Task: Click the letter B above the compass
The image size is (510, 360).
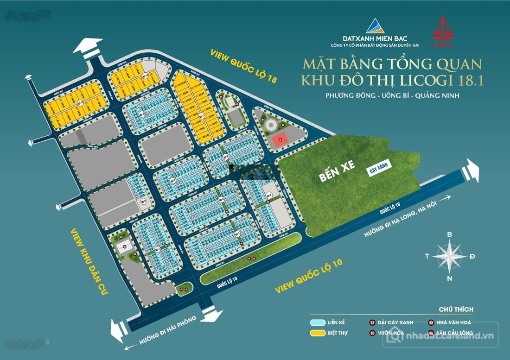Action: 449,234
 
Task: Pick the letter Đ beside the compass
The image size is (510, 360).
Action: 472,256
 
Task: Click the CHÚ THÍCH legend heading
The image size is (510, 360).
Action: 456,309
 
